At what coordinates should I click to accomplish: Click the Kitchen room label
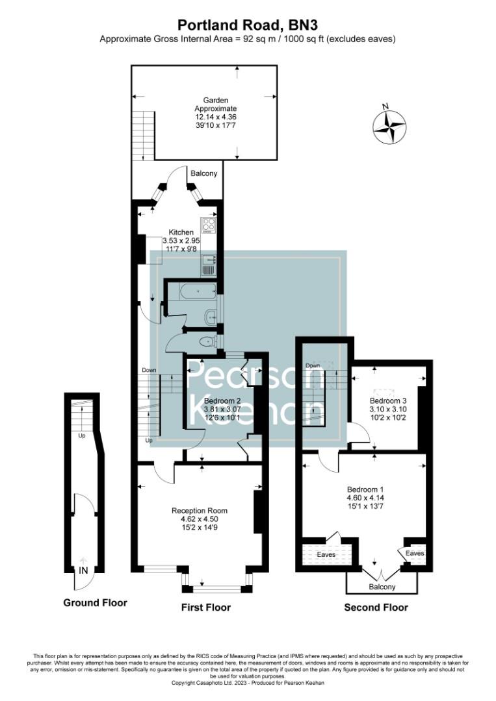point(181,232)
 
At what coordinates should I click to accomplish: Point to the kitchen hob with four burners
point(209,225)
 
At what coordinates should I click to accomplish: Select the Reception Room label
point(200,511)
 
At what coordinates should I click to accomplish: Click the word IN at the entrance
point(83,571)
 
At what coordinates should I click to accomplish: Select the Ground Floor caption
point(95,603)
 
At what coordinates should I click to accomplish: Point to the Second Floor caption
point(376,608)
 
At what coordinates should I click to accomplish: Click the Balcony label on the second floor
point(381,587)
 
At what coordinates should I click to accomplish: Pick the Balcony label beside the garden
point(203,174)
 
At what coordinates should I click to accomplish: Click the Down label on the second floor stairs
point(313,365)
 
